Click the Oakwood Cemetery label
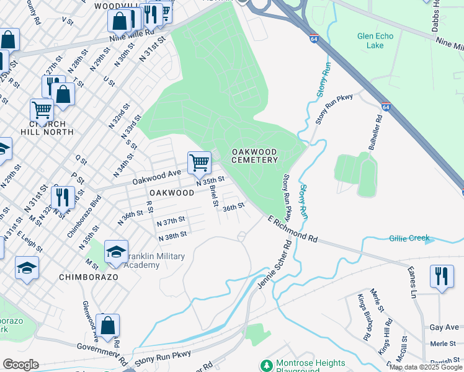point(255,156)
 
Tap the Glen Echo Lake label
point(375,41)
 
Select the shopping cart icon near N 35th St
point(199,163)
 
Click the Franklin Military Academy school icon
point(116,252)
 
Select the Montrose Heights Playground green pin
point(267,366)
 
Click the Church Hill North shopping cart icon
point(42,111)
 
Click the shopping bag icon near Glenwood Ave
point(107,325)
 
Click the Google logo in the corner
point(20,365)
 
